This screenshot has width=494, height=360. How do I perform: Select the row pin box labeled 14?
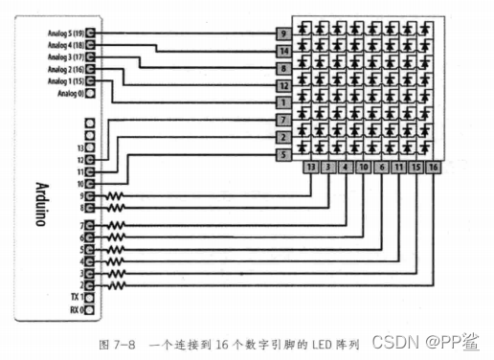(283, 50)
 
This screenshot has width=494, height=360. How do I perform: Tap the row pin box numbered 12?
(283, 85)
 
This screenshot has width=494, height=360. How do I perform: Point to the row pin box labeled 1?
(283, 101)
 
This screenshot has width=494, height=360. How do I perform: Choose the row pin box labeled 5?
(283, 153)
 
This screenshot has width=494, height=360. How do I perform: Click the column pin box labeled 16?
(435, 167)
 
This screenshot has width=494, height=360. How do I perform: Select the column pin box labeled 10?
(364, 167)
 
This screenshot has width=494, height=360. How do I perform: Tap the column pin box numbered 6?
(382, 167)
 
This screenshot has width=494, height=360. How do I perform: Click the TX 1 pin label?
(77, 298)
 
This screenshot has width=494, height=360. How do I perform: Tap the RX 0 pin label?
(77, 310)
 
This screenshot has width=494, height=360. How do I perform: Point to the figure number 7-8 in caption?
(123, 342)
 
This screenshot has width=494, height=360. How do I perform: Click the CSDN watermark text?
(395, 341)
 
